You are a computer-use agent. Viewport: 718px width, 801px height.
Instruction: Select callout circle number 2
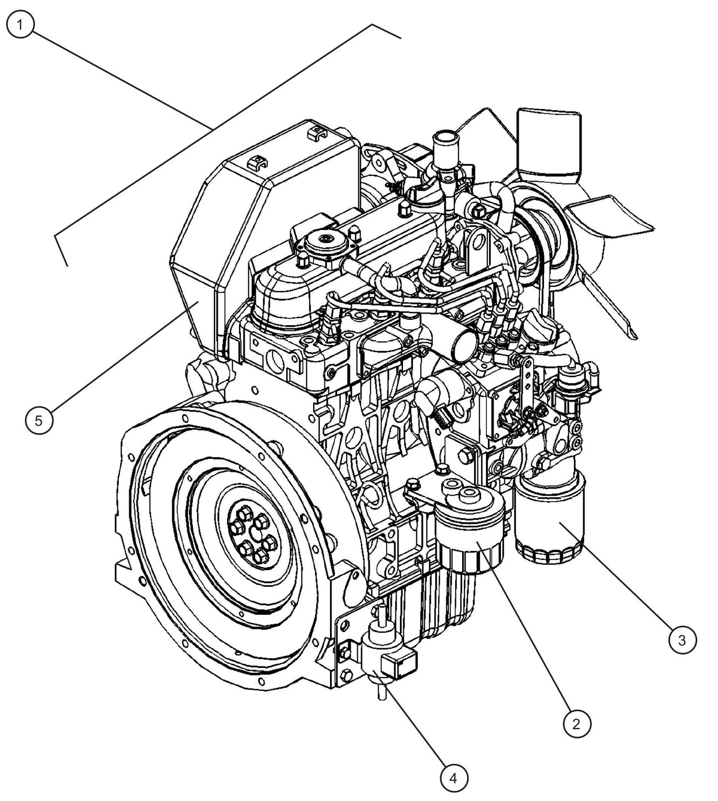click(x=576, y=724)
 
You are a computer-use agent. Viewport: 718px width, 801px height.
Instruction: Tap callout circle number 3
click(x=682, y=640)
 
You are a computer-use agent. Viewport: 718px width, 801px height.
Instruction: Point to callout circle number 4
click(x=453, y=778)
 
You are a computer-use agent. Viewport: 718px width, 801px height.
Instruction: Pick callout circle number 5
click(x=39, y=421)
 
